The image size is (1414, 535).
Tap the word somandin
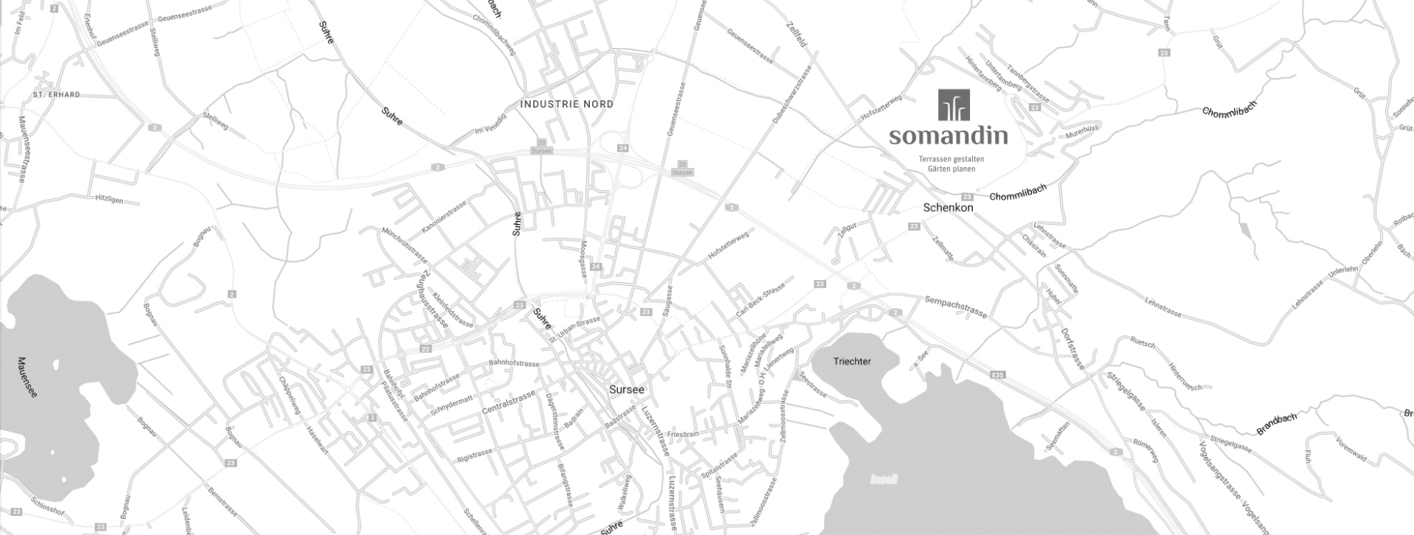[948, 136]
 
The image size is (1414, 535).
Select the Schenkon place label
[948, 208]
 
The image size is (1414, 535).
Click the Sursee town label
[627, 390]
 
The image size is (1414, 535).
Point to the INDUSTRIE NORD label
[566, 104]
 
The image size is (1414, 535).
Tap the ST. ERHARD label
[57, 95]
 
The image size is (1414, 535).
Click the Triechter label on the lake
[852, 362]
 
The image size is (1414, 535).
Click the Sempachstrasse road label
[955, 306]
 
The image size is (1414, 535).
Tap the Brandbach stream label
[1276, 424]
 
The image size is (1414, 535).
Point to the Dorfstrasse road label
[1073, 349]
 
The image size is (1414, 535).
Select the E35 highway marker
[998, 375]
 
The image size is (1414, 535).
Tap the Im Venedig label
[490, 125]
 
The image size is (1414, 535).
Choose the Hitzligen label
[109, 200]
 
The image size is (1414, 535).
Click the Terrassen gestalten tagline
[951, 159]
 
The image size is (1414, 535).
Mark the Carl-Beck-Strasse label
[761, 298]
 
